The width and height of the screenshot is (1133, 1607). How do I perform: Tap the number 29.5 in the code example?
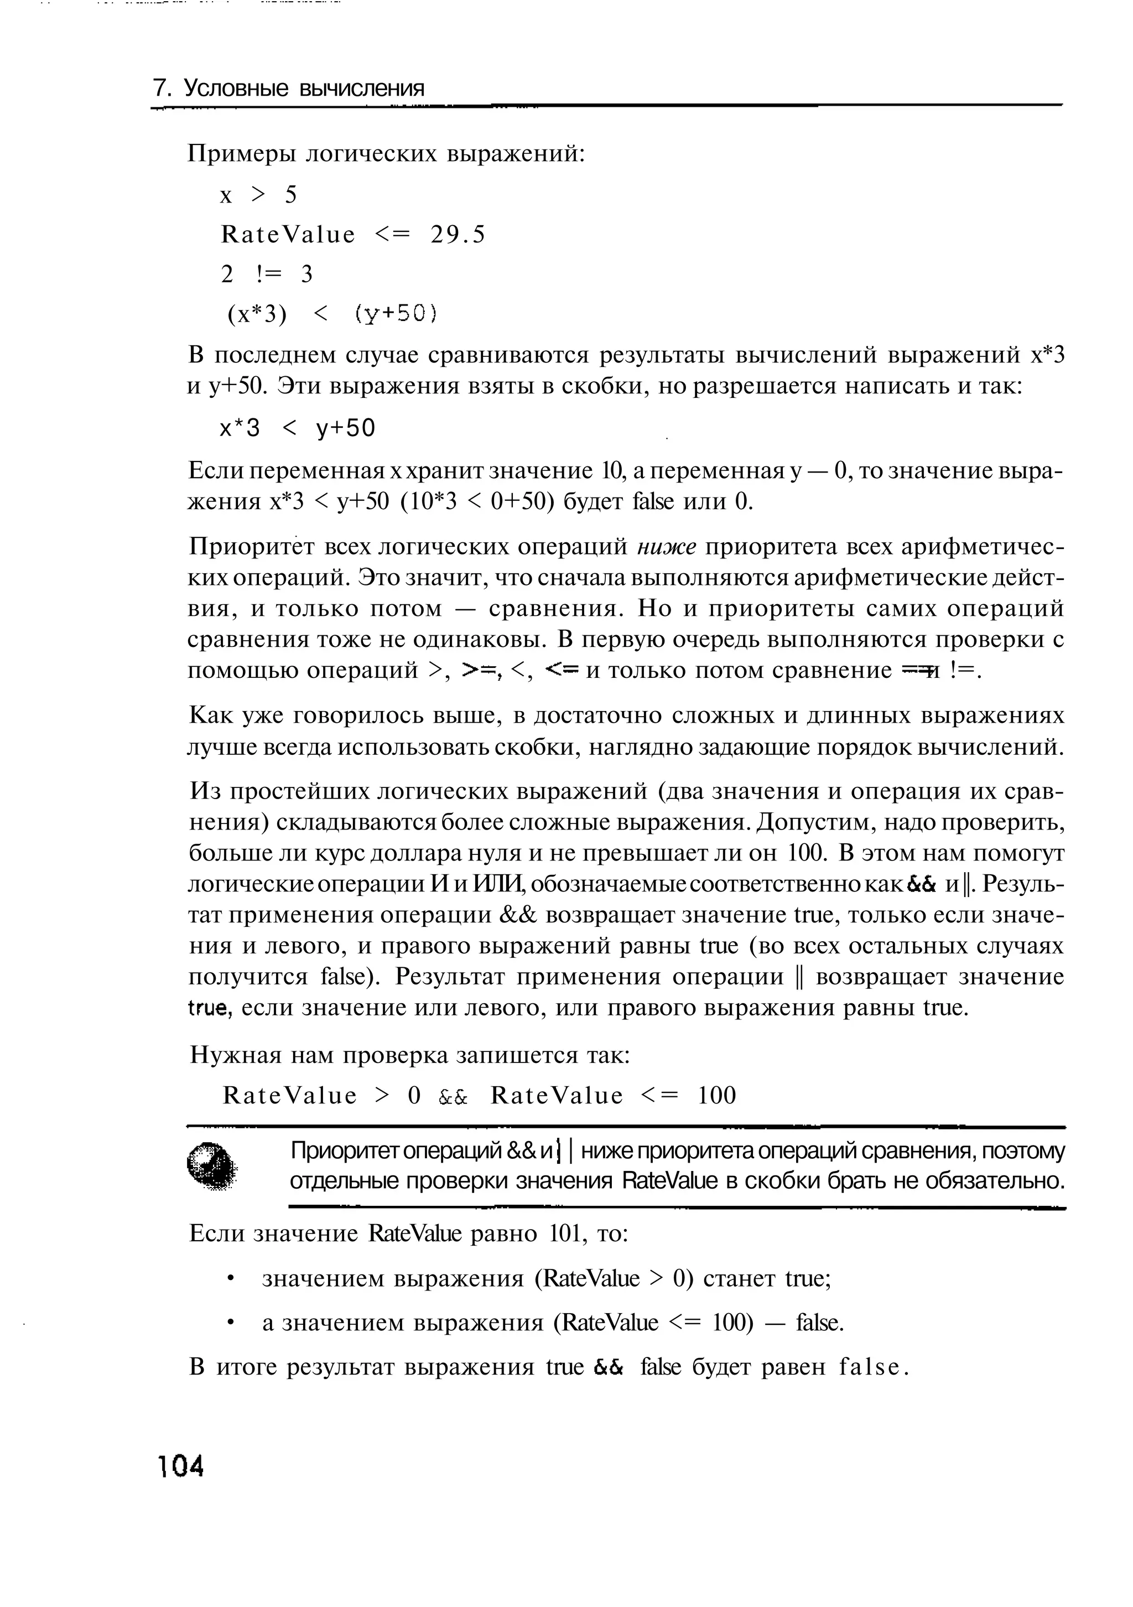(458, 235)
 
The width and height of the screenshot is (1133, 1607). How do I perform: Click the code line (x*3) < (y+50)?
(332, 315)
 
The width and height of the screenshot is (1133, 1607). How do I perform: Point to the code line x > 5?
(258, 195)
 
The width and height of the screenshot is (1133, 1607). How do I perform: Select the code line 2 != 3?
(267, 274)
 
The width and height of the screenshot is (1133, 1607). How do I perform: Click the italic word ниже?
(666, 547)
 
